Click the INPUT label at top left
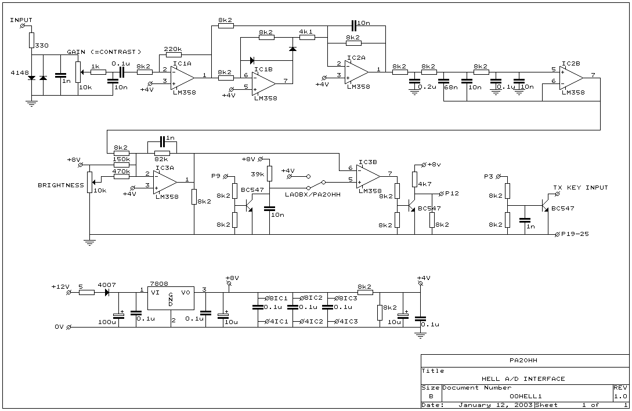(21, 20)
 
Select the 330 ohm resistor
(31, 40)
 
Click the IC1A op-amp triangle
(183, 77)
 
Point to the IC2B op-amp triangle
(571, 78)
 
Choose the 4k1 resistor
(307, 38)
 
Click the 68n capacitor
(443, 79)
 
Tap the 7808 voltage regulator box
(171, 299)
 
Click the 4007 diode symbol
(107, 293)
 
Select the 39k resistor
(270, 173)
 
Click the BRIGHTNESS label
(61, 185)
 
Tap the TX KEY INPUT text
(580, 188)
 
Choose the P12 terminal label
(452, 193)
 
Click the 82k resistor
(162, 154)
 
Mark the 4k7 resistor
(414, 180)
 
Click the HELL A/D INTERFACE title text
(523, 379)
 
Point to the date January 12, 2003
(496, 405)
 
